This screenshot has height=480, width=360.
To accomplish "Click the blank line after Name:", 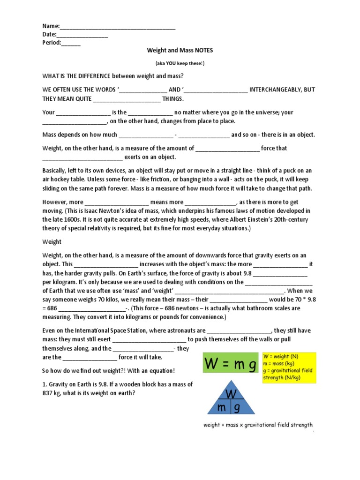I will (x=118, y=27).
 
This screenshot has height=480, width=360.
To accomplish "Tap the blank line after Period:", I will (x=71, y=43).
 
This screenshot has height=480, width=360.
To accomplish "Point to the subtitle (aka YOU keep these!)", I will (x=180, y=63).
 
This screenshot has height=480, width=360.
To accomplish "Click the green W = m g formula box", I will (x=230, y=362).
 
